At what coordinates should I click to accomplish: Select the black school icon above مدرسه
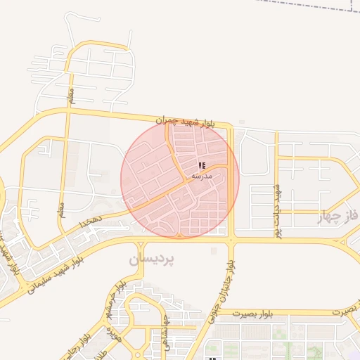202,165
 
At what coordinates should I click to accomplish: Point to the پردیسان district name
151,259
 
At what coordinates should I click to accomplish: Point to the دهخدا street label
91,221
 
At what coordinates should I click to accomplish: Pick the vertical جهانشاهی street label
164,328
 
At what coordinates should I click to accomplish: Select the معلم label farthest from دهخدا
70,94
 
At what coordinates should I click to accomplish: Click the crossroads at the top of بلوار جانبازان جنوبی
231,240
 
